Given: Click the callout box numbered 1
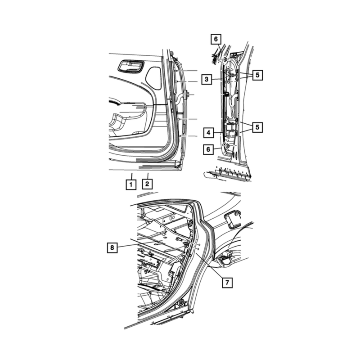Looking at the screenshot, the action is (131, 184).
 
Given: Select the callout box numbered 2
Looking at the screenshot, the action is (147, 184).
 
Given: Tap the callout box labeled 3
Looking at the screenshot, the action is (207, 79).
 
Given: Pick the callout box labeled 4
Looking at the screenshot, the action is (208, 132).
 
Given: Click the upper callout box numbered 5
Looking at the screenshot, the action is (257, 75).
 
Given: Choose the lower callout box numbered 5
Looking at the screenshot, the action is (257, 127).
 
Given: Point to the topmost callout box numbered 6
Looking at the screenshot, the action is (216, 39).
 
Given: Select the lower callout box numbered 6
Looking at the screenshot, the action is (208, 149).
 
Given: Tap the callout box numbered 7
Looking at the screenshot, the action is (227, 283).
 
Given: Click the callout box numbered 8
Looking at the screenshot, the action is (112, 247).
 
